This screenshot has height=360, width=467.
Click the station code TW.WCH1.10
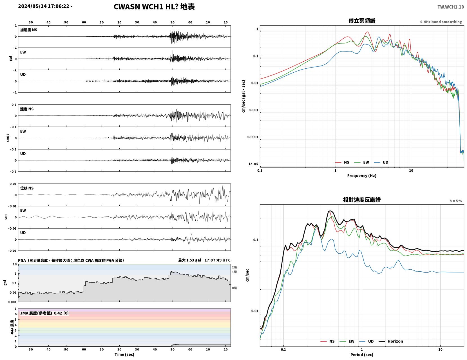coord(450,7)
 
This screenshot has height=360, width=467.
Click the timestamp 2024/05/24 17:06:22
coord(44,6)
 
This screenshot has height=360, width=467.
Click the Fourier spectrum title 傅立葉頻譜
coord(362,21)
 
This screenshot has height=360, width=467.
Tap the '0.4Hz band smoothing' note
coord(441,22)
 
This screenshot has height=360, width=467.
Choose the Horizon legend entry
coord(390,341)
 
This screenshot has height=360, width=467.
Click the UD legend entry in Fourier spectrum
coord(381,162)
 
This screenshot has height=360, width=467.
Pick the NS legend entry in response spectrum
coord(328,341)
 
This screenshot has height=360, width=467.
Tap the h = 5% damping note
coord(455,201)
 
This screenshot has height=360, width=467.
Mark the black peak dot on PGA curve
coord(171,272)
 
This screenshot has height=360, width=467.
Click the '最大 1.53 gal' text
coord(189,260)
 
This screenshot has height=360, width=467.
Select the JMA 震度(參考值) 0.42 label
coord(44,313)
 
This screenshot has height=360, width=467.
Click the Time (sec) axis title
coord(124,354)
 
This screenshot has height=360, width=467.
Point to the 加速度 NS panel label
coord(29,30)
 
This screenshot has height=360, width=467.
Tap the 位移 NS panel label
coord(27,188)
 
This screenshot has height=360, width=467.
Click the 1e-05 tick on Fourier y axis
coord(253,164)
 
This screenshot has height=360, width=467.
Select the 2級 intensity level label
coord(234,267)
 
